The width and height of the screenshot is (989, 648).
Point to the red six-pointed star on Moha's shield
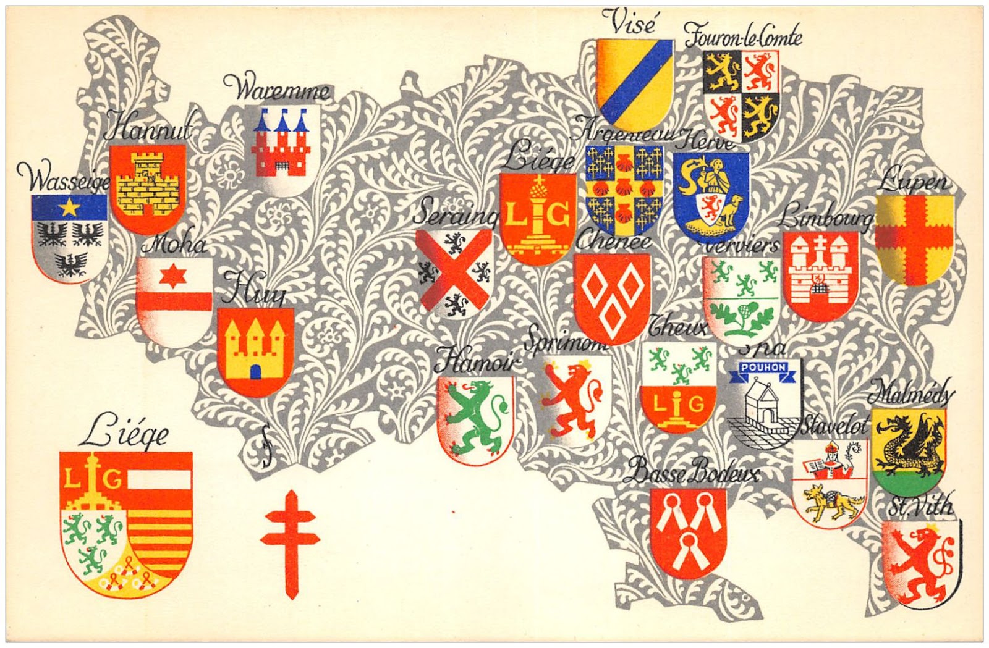tap(168, 277)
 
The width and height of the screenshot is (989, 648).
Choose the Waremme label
tap(276, 91)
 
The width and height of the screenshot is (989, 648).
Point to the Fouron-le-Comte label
tap(743, 35)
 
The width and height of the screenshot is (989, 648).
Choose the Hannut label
tap(147, 130)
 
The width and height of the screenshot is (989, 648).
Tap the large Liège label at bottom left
tap(124, 434)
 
